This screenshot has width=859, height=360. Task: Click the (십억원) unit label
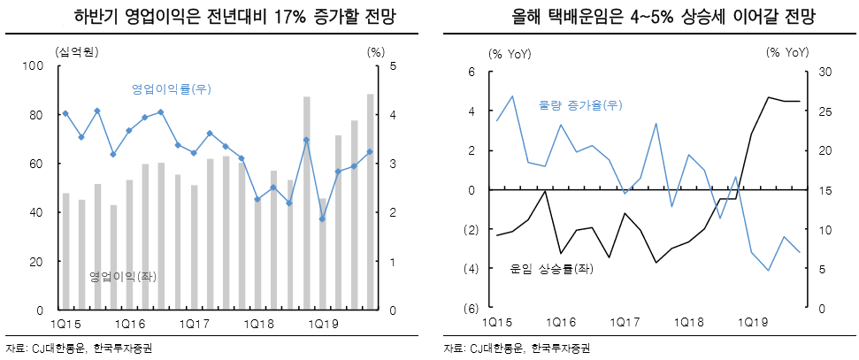pos(76,50)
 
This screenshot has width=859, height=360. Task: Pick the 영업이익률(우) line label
pos(171,89)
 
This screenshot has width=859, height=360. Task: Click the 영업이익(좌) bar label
pos(123,277)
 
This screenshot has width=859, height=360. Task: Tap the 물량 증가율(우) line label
pos(580,105)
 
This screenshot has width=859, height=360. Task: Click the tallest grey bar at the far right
pos(370,202)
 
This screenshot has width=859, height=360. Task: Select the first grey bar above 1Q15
pos(65,251)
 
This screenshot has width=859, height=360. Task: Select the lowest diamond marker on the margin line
pos(322,218)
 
